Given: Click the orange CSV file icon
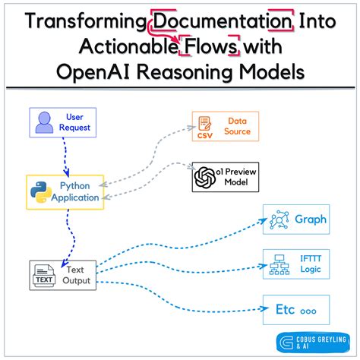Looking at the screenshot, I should pos(205,126).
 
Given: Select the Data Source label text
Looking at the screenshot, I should pos(237,126).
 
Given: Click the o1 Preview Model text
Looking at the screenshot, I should pos(237,177).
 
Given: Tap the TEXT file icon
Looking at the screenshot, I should pos(44,274).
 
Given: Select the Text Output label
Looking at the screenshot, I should pos(77,274).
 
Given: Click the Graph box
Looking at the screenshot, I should pos(296,220).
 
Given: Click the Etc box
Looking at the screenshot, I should pos(296,310).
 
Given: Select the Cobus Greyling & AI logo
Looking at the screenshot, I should pos(314,343).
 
